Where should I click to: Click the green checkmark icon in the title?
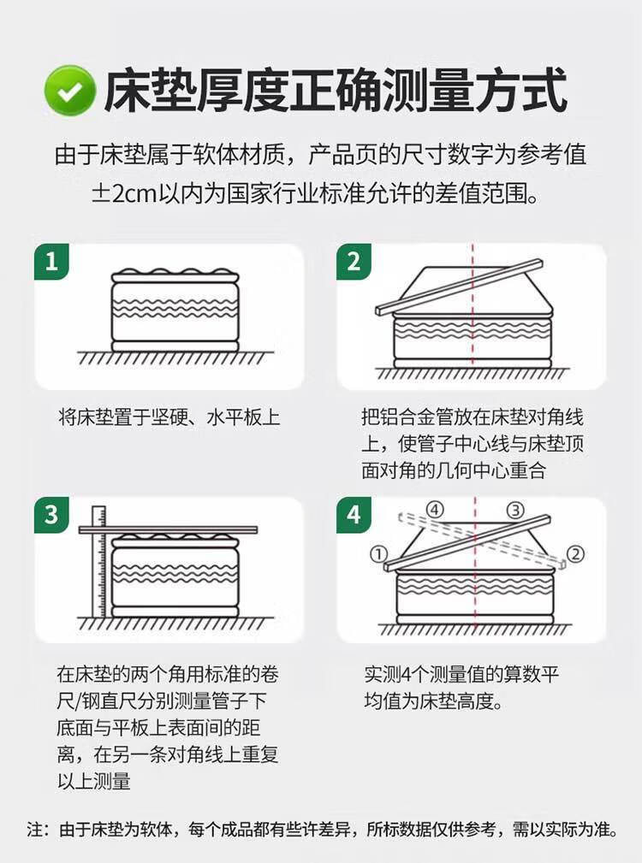pos(70,91)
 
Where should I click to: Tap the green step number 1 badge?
pos(51,262)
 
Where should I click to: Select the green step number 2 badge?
pos(354,262)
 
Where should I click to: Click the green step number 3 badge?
pos(51,515)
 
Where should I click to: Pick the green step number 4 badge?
pos(354,515)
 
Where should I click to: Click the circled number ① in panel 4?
pos(378,554)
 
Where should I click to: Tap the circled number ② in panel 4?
pos(575,554)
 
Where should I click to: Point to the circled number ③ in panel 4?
pos(515,511)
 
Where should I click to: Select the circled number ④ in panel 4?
pos(435,511)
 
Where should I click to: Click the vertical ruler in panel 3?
pos(98,561)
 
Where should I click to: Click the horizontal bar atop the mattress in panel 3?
pos(168,530)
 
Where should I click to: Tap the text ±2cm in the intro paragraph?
pos(124,193)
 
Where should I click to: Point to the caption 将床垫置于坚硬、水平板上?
pos(169,417)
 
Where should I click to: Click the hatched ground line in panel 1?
pos(175,358)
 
